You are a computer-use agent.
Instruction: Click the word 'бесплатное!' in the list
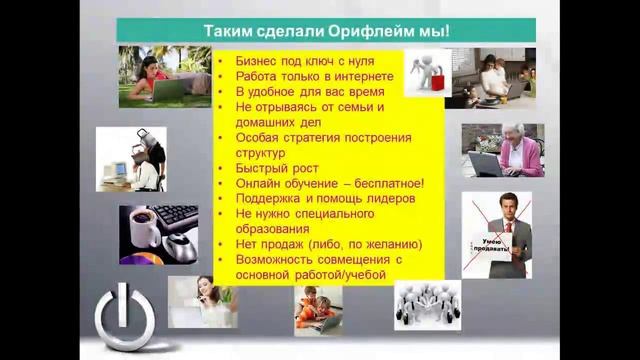388,184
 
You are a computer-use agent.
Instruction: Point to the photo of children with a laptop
318,308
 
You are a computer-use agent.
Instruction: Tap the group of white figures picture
427,304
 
